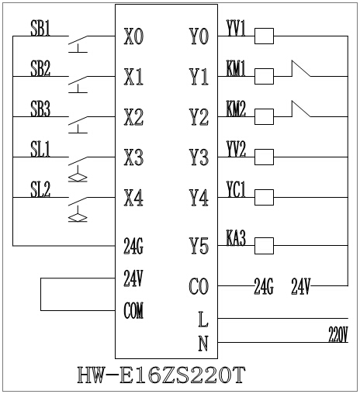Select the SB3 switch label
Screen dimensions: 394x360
pyautogui.click(x=40, y=109)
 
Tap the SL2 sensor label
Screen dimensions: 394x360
pyautogui.click(x=40, y=189)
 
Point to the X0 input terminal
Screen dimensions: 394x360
pyautogui.click(x=133, y=36)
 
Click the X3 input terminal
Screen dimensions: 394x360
pyautogui.click(x=133, y=158)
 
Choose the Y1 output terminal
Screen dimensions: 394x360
pyautogui.click(x=199, y=77)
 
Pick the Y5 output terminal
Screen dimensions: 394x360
pyautogui.click(x=199, y=247)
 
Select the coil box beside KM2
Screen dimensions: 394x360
pyautogui.click(x=264, y=116)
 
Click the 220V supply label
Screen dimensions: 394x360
pyautogui.click(x=337, y=334)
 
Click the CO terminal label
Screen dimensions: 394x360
pyautogui.click(x=199, y=287)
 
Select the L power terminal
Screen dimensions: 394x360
pyautogui.click(x=202, y=319)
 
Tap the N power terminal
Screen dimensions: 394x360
pyautogui.click(x=202, y=341)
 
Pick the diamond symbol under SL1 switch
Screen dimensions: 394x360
pyautogui.click(x=78, y=178)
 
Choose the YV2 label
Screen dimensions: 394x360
pyautogui.click(x=236, y=149)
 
